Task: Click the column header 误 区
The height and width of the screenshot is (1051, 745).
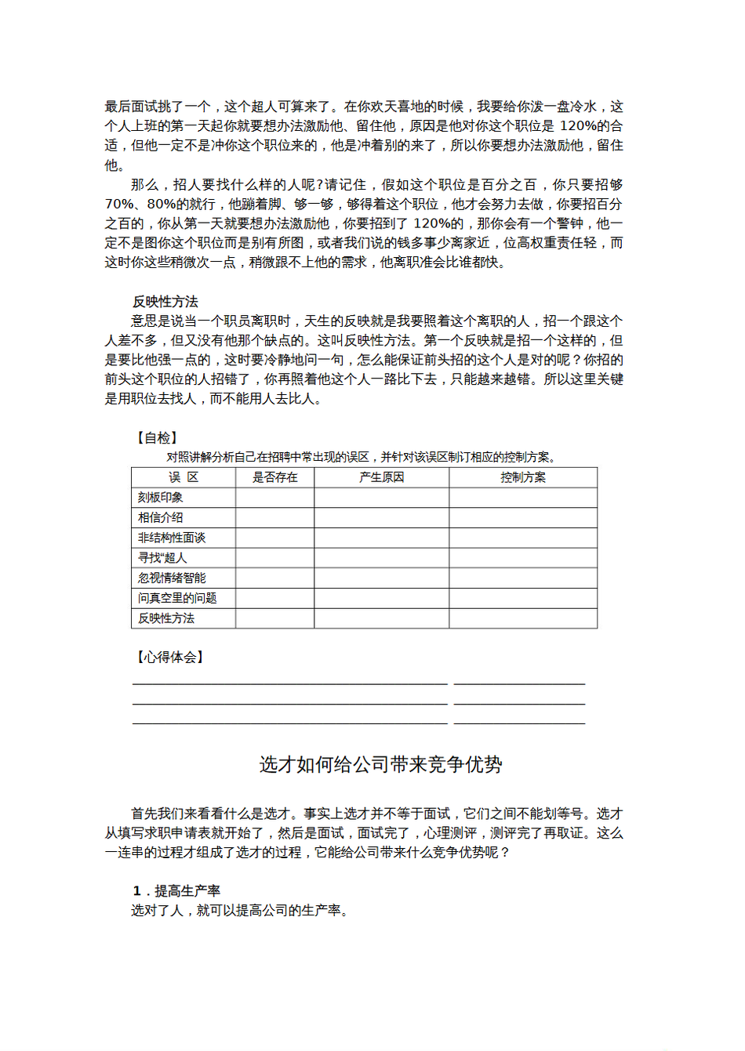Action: (184, 477)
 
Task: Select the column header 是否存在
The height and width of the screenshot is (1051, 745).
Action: (274, 477)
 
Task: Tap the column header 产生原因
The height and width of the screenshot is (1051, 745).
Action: (381, 477)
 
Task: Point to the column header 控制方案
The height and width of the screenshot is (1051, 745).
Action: (523, 477)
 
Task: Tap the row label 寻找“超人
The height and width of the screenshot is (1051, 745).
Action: (162, 558)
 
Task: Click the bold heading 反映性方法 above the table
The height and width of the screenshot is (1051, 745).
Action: (165, 302)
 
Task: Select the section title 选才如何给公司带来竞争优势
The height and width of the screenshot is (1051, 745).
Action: (380, 765)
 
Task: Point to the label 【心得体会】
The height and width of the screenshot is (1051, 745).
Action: (169, 658)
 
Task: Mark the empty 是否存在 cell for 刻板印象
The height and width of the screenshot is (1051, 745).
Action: (274, 498)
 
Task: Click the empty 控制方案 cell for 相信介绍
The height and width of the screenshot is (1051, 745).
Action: (523, 518)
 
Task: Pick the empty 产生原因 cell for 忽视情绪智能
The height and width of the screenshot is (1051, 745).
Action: (381, 578)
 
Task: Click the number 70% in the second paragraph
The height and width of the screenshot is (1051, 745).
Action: (119, 205)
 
